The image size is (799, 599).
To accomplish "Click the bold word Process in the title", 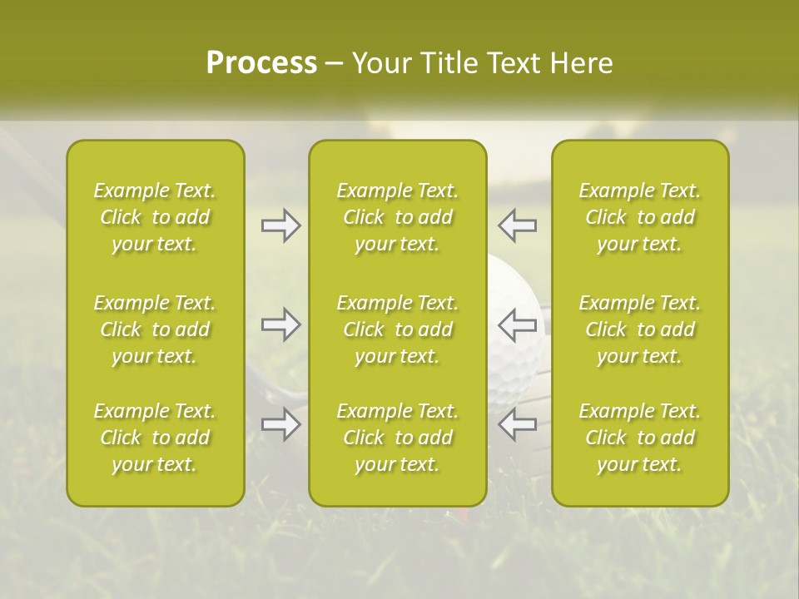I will click(261, 63).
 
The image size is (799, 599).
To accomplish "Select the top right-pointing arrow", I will click(281, 225).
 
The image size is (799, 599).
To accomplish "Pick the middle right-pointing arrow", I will click(281, 324).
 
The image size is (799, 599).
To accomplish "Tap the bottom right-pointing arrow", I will click(281, 424).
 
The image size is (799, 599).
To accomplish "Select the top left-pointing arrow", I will click(517, 225).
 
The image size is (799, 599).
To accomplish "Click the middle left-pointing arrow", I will click(517, 324).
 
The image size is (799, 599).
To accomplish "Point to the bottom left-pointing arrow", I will click(517, 424).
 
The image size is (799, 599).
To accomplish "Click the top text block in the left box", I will click(155, 217).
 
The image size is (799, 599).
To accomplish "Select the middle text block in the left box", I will click(155, 329).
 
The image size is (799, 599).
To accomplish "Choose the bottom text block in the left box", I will click(155, 438).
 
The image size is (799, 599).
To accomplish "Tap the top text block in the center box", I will click(397, 217).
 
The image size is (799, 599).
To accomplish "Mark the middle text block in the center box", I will click(397, 329).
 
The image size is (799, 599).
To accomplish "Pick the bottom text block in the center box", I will click(397, 438).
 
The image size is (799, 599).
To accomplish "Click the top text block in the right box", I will click(640, 217).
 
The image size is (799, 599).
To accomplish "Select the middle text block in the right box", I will click(640, 329).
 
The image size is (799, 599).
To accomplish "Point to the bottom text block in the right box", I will click(640, 438).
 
